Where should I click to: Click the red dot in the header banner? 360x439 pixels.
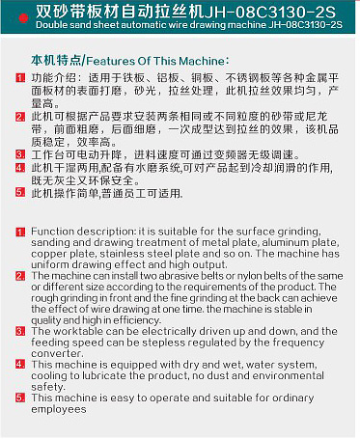23,18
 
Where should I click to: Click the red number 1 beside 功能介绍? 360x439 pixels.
20,77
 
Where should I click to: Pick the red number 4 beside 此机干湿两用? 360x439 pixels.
20,168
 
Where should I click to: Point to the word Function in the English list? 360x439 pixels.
53,232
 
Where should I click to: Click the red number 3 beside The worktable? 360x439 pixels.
20,331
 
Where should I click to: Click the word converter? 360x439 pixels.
57,353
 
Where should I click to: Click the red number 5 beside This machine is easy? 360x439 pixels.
20,398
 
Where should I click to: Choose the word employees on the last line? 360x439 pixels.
59,409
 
